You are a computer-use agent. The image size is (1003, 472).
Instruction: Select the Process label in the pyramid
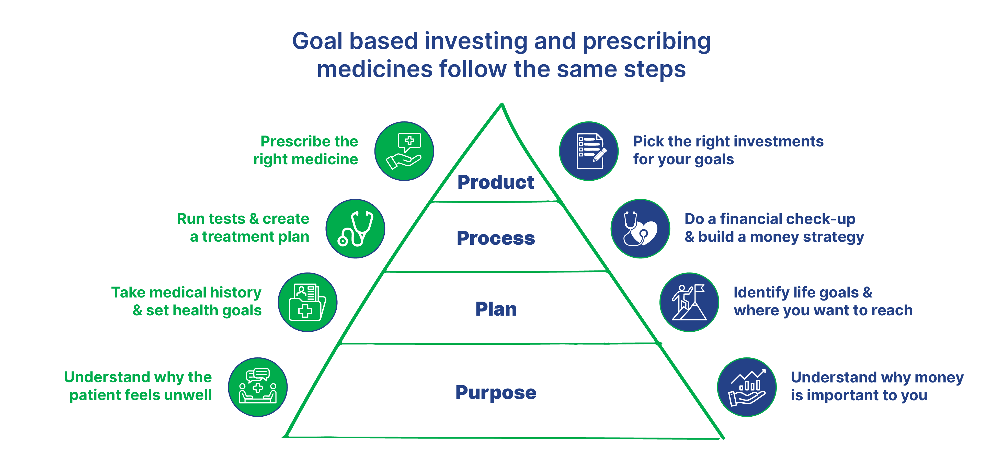pyautogui.click(x=496, y=238)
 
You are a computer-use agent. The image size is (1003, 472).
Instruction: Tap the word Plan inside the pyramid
pyautogui.click(x=496, y=309)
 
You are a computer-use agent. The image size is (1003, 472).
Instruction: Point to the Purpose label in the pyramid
pyautogui.click(x=496, y=392)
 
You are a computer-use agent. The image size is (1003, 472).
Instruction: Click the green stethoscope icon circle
pyautogui.click(x=355, y=229)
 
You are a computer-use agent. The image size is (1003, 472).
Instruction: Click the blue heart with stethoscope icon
pyautogui.click(x=640, y=229)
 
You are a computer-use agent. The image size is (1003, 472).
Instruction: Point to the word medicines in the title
pyautogui.click(x=374, y=69)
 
